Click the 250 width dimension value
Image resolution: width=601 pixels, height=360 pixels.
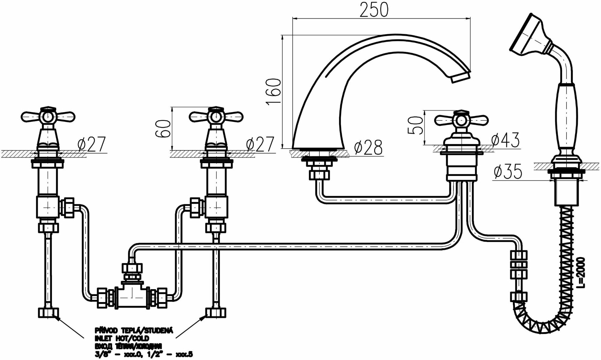tap(374, 10)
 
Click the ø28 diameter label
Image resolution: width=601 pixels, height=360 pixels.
tap(368, 148)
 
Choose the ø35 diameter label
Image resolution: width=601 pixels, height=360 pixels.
tap(508, 172)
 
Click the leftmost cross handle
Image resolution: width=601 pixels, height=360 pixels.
tap(48, 116)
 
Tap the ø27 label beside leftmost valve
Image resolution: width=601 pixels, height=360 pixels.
tap(92, 144)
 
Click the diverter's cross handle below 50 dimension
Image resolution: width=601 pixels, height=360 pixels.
tap(461, 120)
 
